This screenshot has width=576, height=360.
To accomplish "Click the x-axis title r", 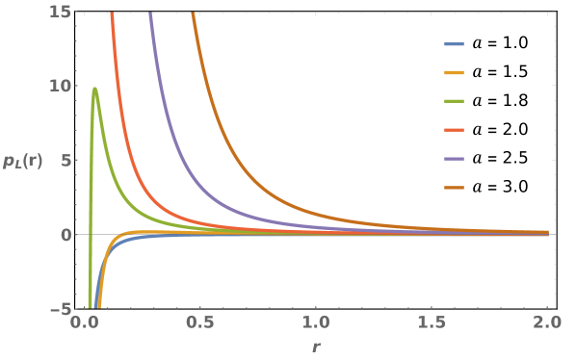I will pyautogui.click(x=314, y=347).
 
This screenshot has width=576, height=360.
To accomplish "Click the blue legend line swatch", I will pyautogui.click(x=454, y=44).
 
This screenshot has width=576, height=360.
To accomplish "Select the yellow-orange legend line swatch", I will pyautogui.click(x=454, y=73).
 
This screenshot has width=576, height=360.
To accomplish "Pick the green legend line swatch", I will pyautogui.click(x=454, y=101).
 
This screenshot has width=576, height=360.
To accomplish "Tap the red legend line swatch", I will pyautogui.click(x=454, y=130).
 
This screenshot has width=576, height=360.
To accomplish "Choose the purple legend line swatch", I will pyautogui.click(x=454, y=159).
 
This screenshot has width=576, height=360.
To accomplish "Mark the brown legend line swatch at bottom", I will pyautogui.click(x=454, y=188).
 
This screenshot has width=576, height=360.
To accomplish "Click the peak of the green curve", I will pyautogui.click(x=94, y=89).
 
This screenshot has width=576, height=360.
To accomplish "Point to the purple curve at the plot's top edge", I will pyautogui.click(x=150, y=13).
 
